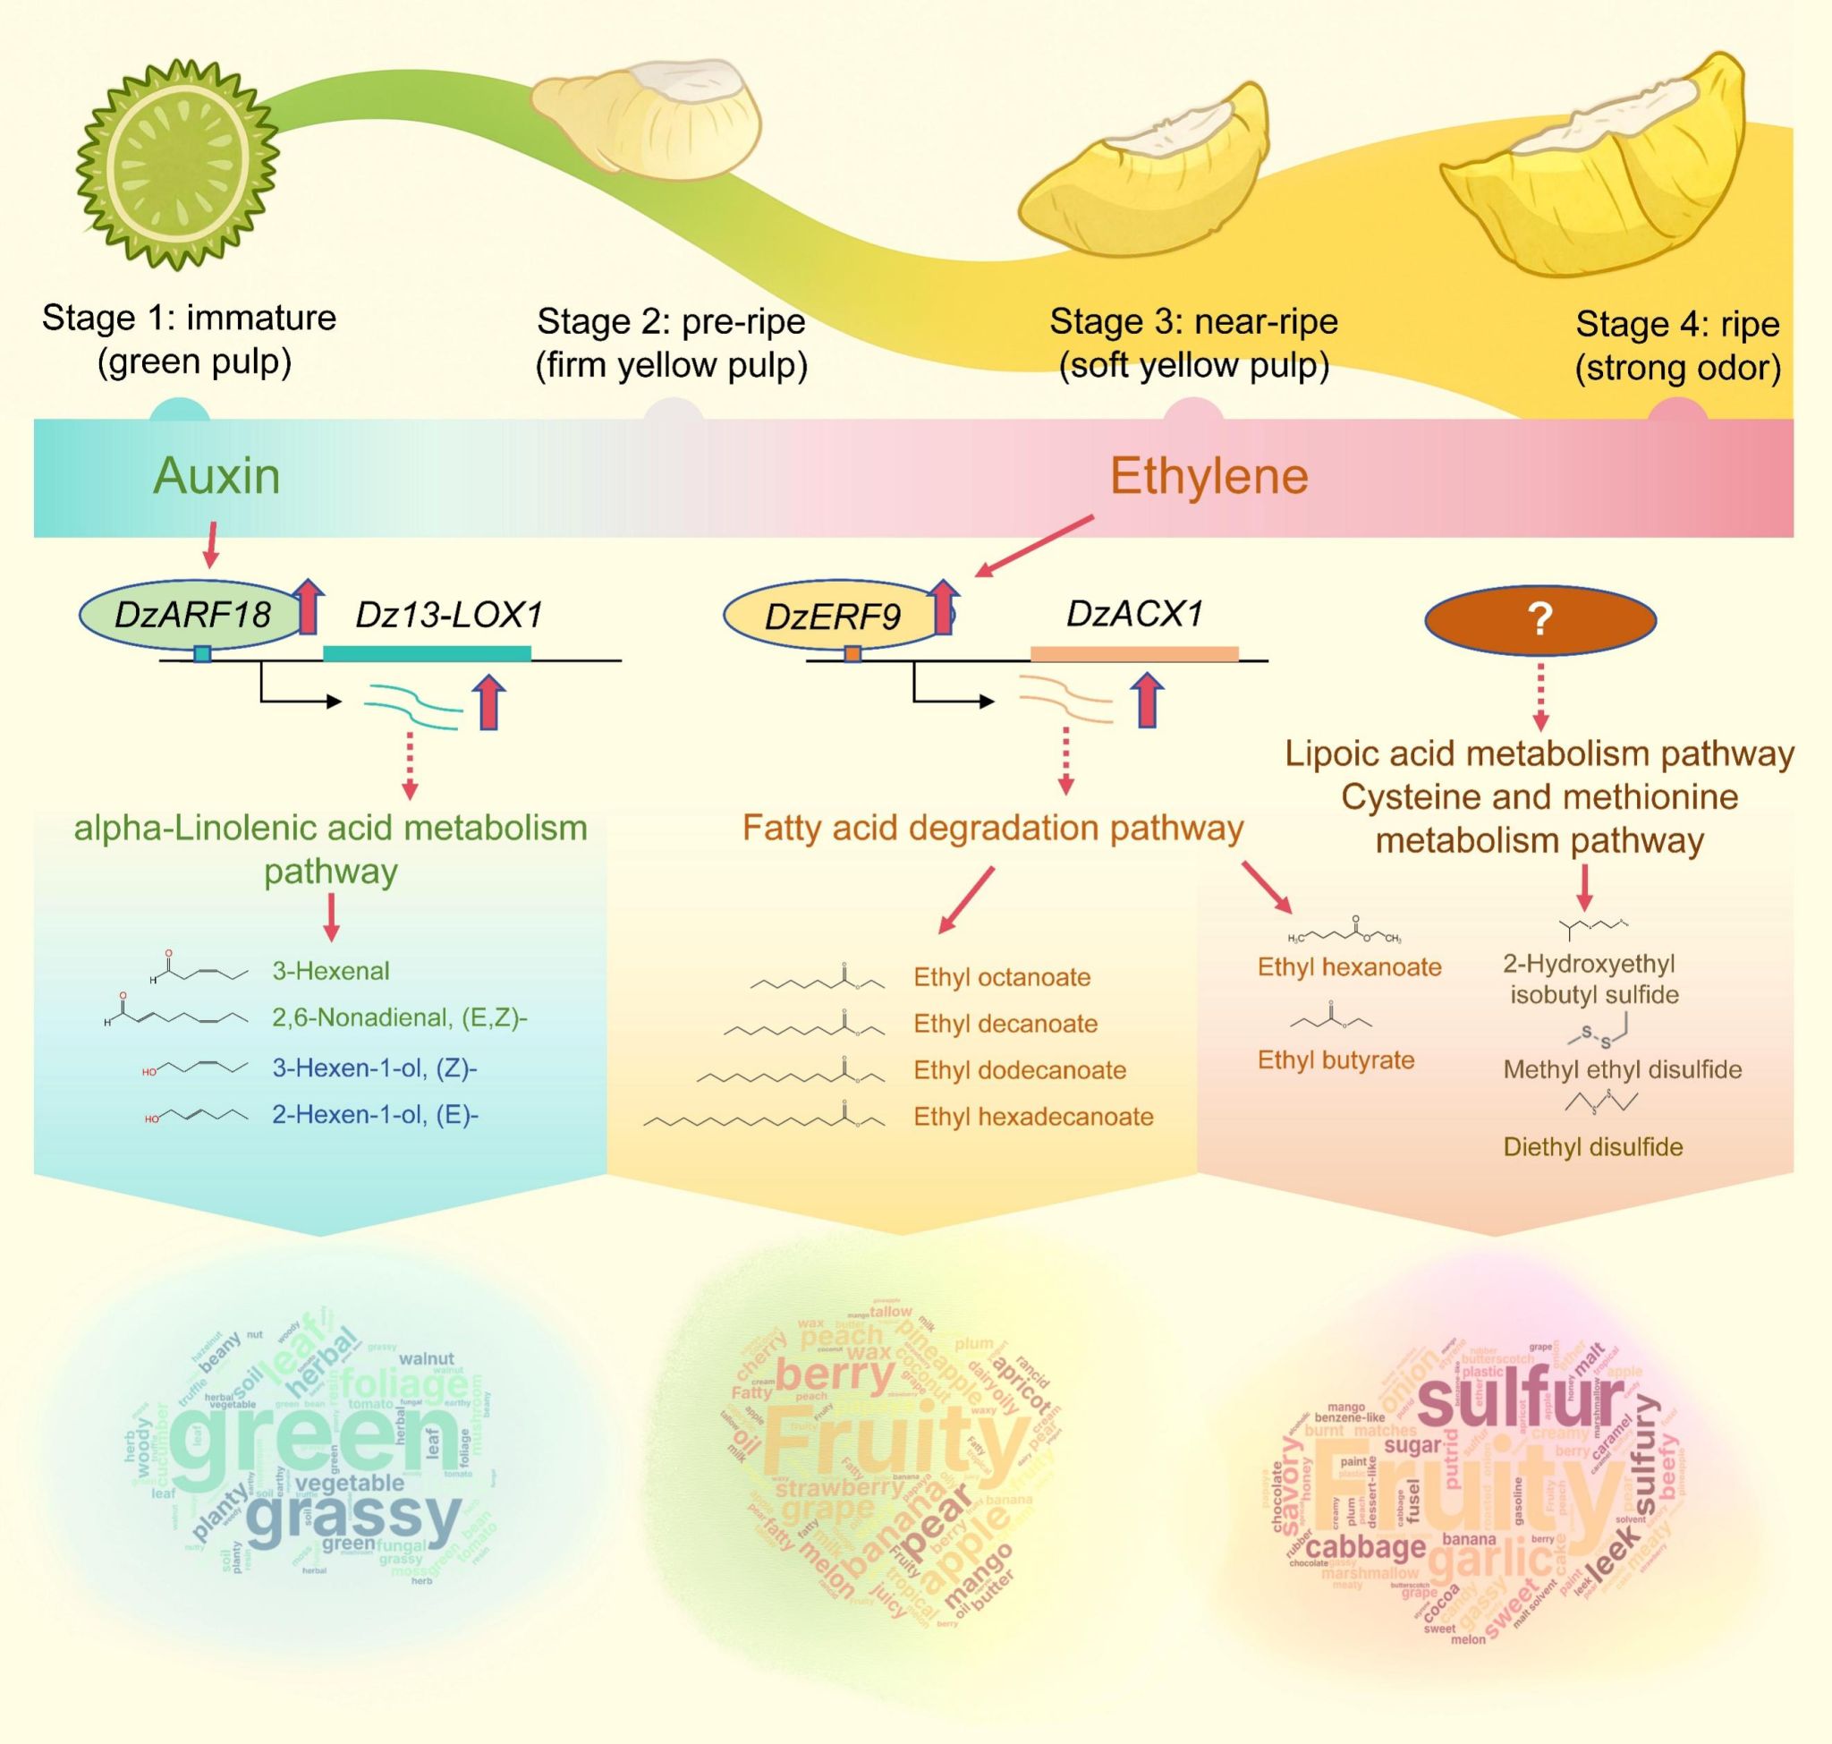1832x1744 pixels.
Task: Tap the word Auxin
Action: (216, 476)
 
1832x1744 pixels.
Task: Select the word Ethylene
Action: (1209, 476)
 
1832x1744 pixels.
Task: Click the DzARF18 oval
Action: (191, 615)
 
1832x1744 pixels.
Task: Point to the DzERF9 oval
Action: (832, 617)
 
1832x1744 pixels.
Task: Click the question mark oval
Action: (1540, 618)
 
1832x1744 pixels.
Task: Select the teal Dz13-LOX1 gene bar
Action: (427, 653)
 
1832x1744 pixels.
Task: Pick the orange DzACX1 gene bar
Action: (1134, 653)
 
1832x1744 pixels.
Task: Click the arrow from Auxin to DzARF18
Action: (212, 545)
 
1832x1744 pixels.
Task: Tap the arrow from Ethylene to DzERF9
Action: (1032, 548)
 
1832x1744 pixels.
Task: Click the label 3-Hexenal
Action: (331, 972)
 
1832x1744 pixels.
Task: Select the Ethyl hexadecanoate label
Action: (1032, 1117)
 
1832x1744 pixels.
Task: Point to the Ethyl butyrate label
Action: (1336, 1059)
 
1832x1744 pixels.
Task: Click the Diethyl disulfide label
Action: (1593, 1147)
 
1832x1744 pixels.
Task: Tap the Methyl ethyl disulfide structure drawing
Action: (1599, 1030)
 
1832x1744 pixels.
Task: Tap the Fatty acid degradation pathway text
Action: (993, 828)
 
